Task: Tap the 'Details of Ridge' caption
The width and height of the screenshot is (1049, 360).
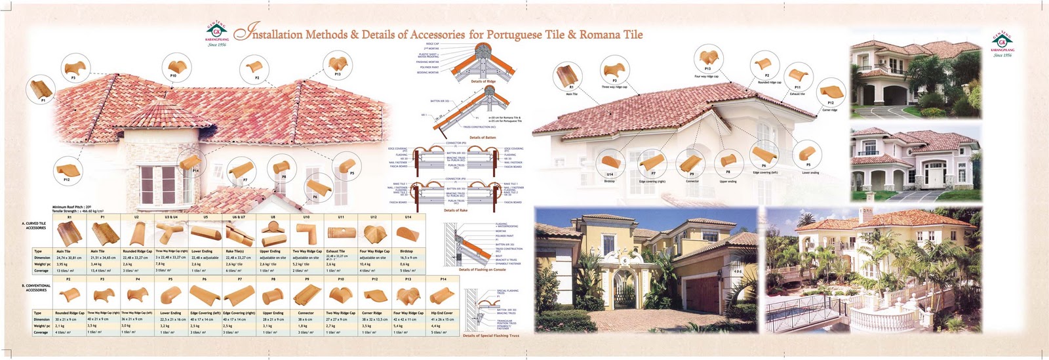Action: click(483, 81)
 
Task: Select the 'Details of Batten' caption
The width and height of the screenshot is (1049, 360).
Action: click(483, 138)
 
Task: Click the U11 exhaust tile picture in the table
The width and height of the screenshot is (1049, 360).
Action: click(339, 233)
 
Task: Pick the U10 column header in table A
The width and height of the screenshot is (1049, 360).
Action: click(306, 217)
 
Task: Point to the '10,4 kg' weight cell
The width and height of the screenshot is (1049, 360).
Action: click(365, 264)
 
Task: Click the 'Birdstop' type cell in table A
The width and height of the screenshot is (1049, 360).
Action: click(406, 251)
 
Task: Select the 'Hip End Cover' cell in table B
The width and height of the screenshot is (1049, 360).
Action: click(442, 313)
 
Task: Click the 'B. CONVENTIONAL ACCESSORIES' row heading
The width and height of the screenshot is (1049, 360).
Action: click(36, 288)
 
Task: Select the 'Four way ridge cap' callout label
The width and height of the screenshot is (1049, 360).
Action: click(707, 77)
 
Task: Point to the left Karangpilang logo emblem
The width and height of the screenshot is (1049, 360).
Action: click(217, 33)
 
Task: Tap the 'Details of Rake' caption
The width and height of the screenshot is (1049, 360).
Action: click(456, 210)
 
